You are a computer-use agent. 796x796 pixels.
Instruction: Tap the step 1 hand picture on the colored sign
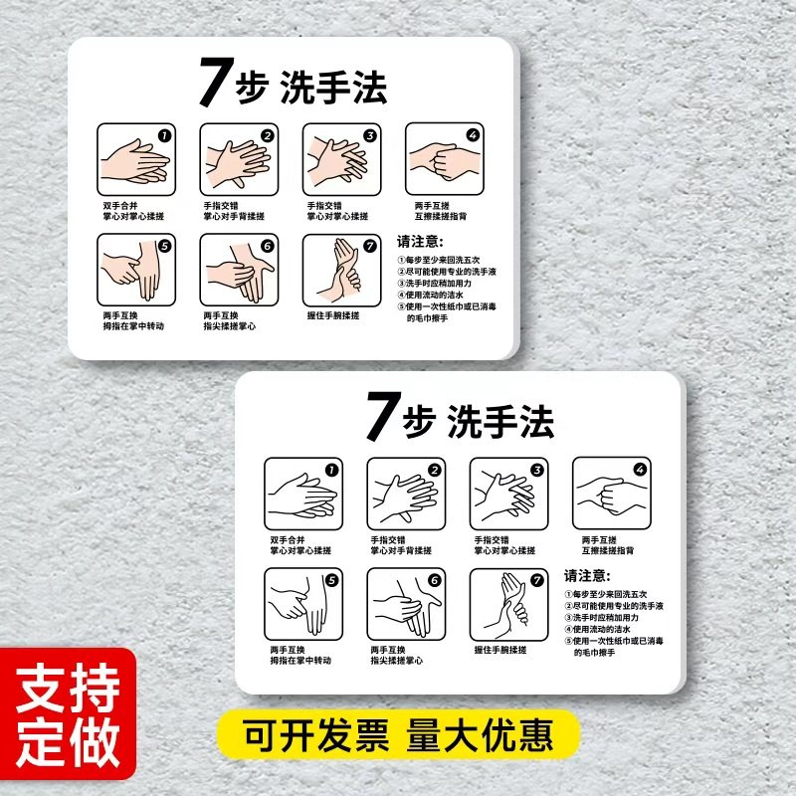136,160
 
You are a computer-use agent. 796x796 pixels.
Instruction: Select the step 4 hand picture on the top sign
445,160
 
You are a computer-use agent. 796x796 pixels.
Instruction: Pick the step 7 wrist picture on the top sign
341,270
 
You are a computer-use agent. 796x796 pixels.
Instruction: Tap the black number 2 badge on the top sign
267,136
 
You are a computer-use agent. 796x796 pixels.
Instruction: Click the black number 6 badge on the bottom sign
434,580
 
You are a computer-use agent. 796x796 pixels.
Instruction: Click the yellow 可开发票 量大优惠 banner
399,737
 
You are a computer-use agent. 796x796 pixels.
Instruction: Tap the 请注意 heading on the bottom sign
587,576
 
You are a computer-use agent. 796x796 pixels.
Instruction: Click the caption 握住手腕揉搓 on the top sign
333,315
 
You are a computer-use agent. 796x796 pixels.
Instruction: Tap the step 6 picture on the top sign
239,270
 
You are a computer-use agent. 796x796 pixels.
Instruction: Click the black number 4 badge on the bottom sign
640,470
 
